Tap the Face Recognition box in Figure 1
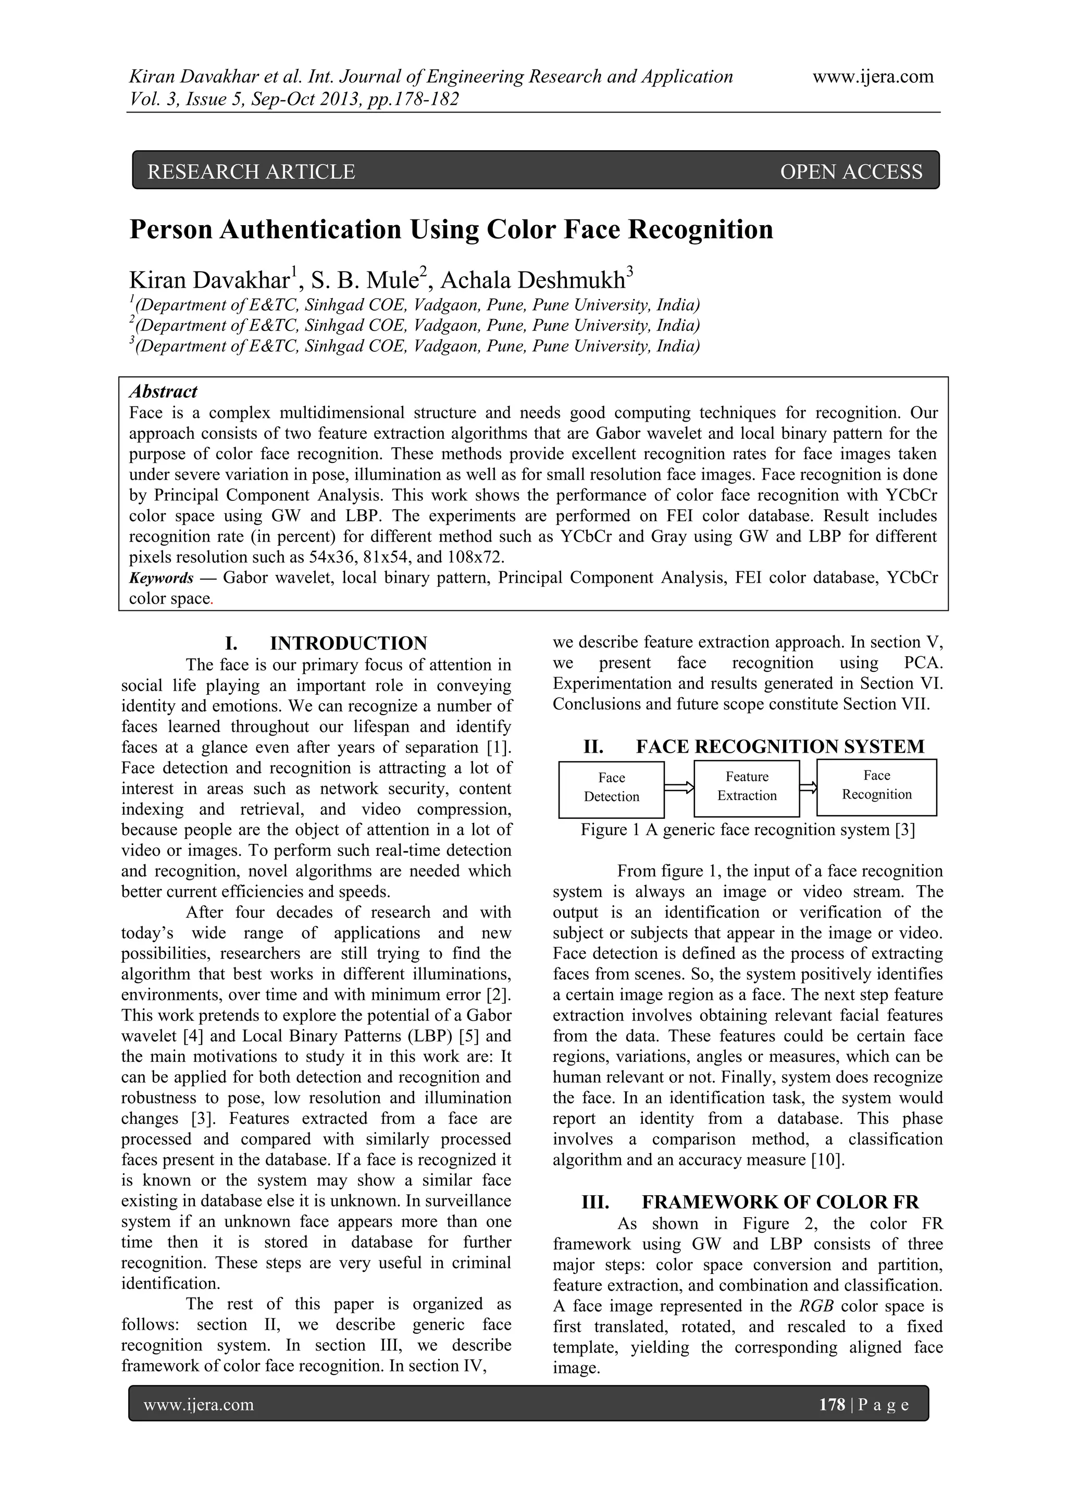(876, 786)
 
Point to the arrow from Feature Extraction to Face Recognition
(808, 787)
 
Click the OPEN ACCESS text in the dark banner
(851, 172)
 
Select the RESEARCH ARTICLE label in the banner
(251, 172)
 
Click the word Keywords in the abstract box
(161, 579)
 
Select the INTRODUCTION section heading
(348, 643)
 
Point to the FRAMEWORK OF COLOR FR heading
(780, 1202)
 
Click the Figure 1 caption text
(747, 830)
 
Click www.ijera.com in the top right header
(873, 77)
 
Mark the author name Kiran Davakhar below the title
(209, 280)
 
